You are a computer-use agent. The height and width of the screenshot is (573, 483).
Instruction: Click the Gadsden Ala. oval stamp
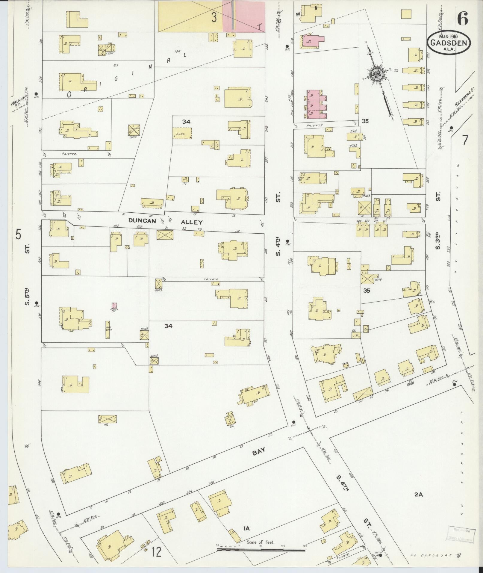pyautogui.click(x=448, y=43)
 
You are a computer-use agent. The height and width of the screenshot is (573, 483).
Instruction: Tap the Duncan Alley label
pyautogui.click(x=166, y=222)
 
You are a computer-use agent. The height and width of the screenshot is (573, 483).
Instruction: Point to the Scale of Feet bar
pyautogui.click(x=261, y=549)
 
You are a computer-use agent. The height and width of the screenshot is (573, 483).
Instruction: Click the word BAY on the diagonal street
pyautogui.click(x=259, y=453)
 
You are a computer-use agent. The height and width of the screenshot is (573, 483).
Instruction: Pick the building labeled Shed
pyautogui.click(x=181, y=133)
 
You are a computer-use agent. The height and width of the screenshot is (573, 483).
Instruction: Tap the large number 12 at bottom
pyautogui.click(x=156, y=552)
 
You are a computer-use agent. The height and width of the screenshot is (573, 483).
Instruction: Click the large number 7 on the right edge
pyautogui.click(x=464, y=140)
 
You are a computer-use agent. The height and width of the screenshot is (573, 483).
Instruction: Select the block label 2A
pyautogui.click(x=418, y=495)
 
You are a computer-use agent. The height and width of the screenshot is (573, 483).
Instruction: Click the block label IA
pyautogui.click(x=246, y=529)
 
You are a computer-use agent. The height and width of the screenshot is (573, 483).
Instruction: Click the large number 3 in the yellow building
pyautogui.click(x=214, y=17)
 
